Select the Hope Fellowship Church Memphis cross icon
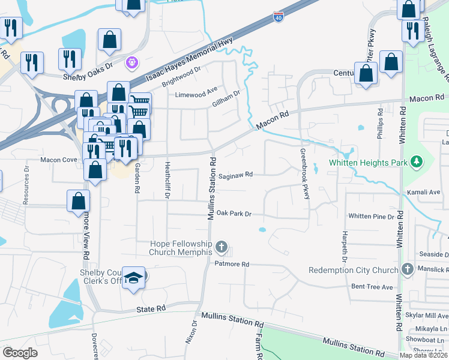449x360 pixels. pos(221,247)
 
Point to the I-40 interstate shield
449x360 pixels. pos(278,18)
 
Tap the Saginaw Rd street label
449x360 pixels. pos(236,175)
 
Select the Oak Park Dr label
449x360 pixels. pos(233,213)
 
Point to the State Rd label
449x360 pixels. pos(150,308)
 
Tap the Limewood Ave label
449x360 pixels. pos(196,94)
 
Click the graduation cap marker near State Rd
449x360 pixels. pos(134,277)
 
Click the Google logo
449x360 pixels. pos(20,353)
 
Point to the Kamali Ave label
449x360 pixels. pos(428,192)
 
